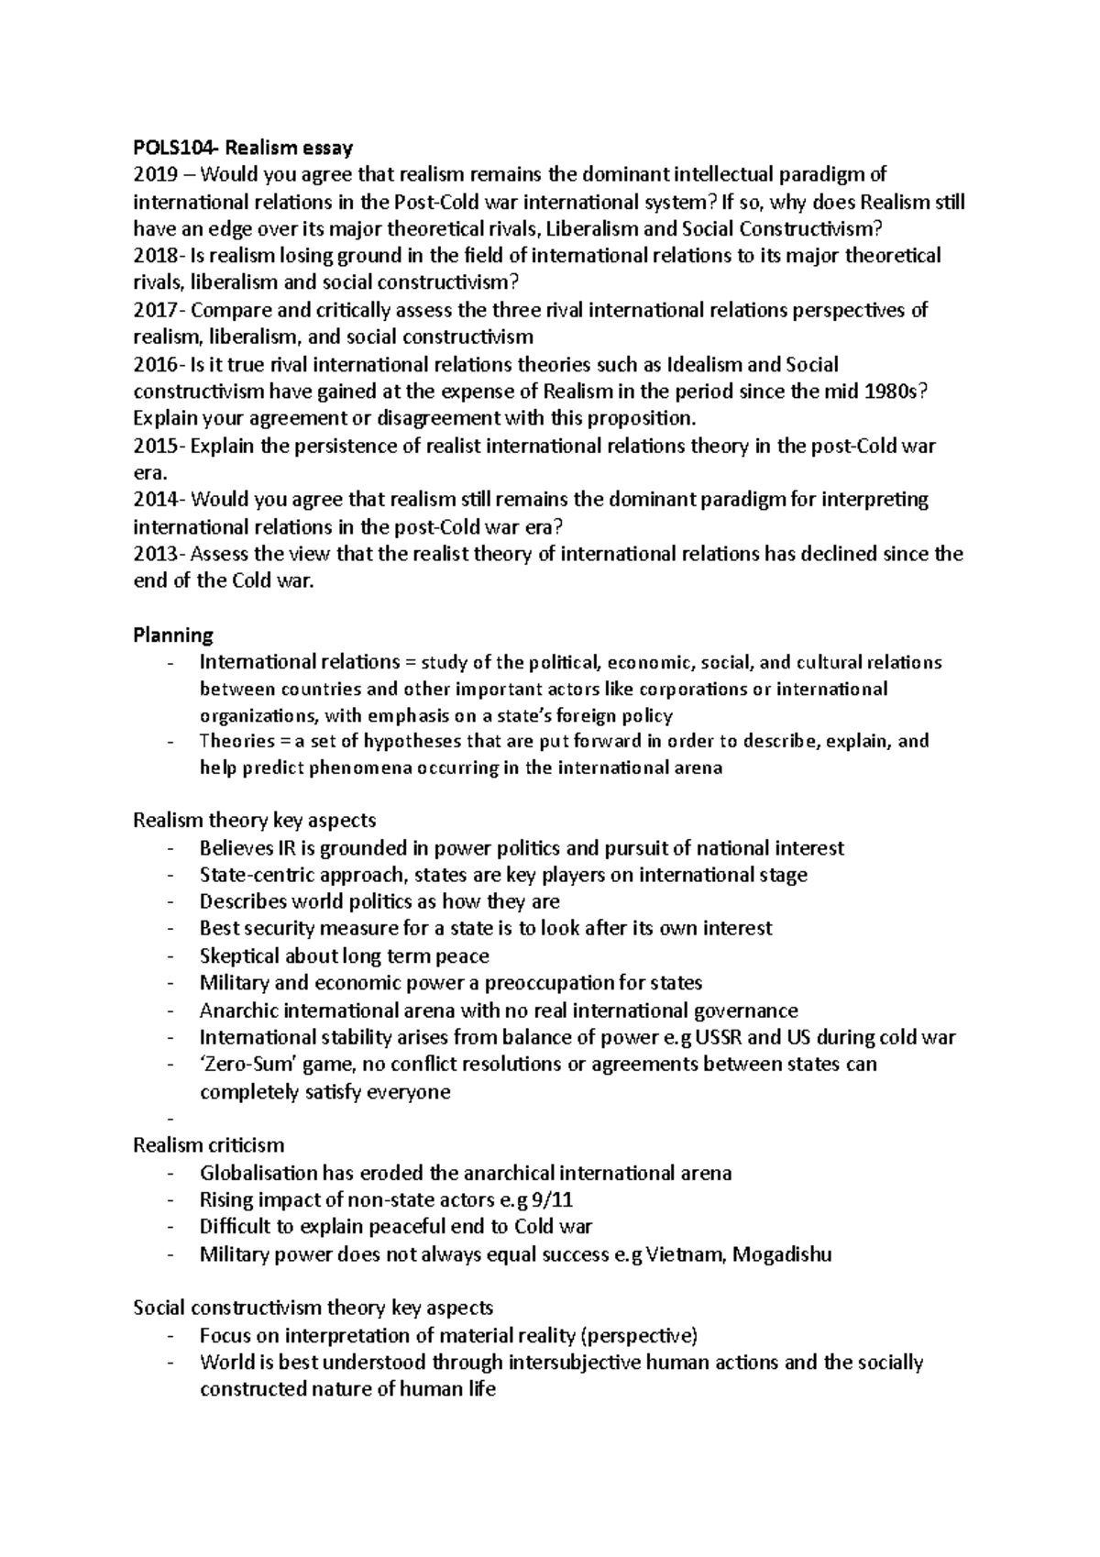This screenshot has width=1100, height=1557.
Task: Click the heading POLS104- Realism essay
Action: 243,147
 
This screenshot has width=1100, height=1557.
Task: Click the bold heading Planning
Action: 173,635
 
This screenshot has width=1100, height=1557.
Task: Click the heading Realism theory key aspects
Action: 255,820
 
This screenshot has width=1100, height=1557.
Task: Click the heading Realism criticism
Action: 209,1145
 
